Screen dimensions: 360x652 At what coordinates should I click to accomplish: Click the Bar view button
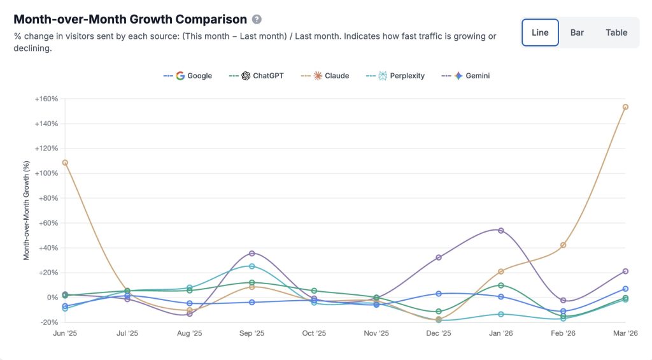point(577,32)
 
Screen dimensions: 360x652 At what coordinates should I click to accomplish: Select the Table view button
point(616,32)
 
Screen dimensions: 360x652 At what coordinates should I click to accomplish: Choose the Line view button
point(540,32)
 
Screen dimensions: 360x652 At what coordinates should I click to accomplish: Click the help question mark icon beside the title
point(257,20)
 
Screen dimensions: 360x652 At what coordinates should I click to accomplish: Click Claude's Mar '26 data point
point(626,107)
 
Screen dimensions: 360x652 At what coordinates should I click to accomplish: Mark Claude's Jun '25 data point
point(66,162)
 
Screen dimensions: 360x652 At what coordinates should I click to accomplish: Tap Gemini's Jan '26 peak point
point(501,231)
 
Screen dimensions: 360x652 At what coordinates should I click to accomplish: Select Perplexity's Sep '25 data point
point(252,266)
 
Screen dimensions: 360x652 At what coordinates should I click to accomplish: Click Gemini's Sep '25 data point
point(252,254)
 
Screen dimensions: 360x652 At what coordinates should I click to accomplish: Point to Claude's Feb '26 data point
point(563,245)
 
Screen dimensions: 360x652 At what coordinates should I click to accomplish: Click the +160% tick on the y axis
point(46,99)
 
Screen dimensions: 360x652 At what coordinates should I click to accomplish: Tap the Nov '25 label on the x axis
point(376,333)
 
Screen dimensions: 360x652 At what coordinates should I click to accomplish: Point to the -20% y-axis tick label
point(48,322)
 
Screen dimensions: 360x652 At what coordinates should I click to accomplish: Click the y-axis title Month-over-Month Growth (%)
point(27,211)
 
